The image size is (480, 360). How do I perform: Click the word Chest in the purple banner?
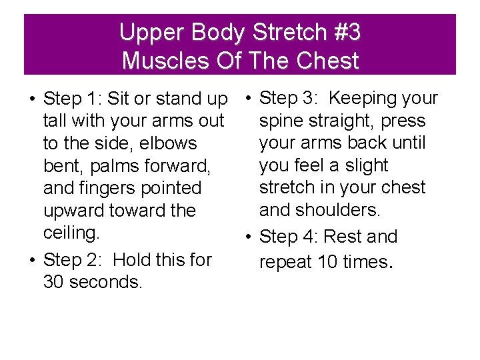click(x=329, y=61)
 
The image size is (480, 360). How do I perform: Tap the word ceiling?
click(x=70, y=233)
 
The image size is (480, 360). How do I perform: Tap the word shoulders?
click(x=341, y=210)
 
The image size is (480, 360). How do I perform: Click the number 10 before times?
click(x=327, y=262)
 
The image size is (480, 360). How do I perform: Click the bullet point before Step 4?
click(x=248, y=237)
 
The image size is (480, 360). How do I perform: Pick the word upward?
click(x=76, y=211)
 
